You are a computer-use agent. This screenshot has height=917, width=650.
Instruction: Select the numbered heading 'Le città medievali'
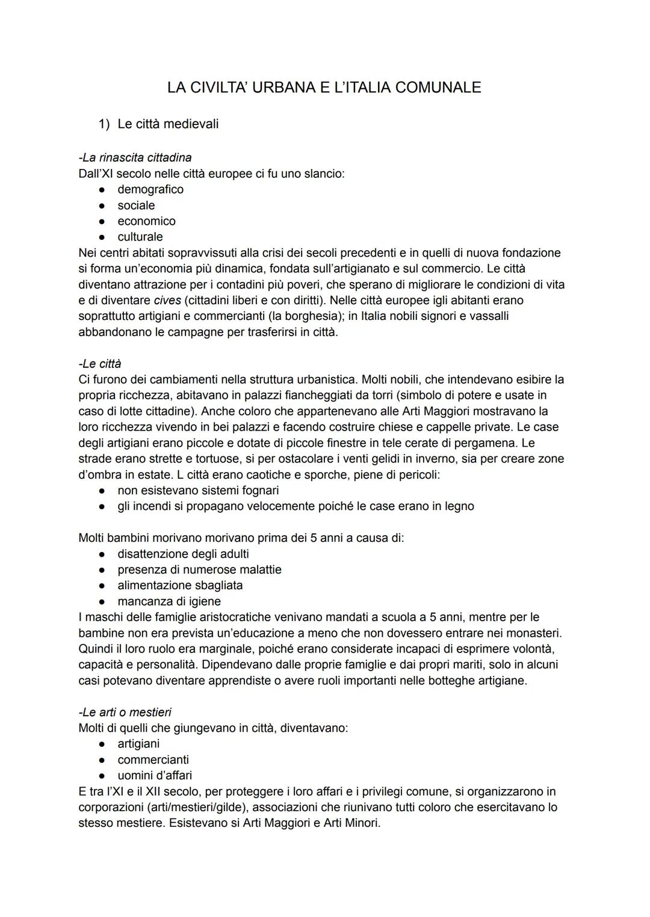168,124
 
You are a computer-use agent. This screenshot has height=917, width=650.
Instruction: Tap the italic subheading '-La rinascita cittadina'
135,158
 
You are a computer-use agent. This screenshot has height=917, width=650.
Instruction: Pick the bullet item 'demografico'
150,189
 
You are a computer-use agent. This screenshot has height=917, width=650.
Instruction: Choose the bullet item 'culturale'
140,237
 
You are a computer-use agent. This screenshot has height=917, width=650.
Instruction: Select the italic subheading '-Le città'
100,364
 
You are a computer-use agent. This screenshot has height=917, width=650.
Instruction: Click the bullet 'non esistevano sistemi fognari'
198,491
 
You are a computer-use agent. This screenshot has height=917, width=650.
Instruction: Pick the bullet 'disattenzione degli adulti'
183,554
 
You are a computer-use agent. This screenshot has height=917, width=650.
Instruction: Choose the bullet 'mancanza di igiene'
169,601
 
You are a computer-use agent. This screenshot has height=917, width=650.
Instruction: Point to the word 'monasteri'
533,633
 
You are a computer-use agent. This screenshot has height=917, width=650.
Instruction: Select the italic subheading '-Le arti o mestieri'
125,713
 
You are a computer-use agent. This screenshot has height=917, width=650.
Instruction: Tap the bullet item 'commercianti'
153,759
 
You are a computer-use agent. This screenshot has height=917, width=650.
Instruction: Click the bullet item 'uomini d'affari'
155,776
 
